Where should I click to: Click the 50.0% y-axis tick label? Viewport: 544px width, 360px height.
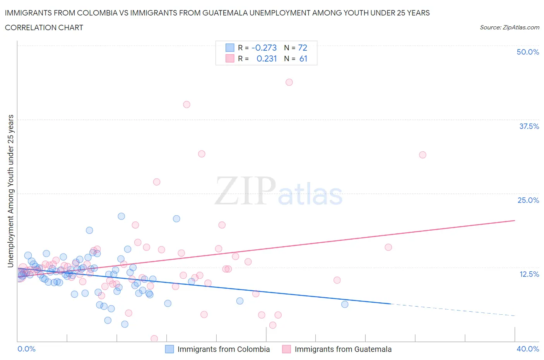(528, 52)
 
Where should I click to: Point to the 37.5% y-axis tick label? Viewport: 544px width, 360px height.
(529, 126)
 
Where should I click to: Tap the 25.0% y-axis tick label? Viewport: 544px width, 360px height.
(528, 200)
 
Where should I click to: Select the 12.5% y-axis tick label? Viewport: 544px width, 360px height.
(529, 274)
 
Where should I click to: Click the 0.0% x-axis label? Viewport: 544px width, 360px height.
(26, 349)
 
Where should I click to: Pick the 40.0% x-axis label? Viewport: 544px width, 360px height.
(528, 349)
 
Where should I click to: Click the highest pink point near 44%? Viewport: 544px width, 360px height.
(289, 82)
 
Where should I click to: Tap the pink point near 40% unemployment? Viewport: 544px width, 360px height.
(186, 105)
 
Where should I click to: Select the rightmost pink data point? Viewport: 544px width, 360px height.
(423, 155)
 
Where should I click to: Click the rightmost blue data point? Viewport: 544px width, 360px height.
(345, 304)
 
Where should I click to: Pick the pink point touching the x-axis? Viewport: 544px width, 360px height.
(154, 339)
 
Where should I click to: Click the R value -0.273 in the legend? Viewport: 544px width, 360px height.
(264, 48)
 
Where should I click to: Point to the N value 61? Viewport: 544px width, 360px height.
(303, 58)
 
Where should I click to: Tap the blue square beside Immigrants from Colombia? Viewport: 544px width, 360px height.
(169, 349)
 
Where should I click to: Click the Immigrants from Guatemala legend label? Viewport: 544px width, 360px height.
(343, 349)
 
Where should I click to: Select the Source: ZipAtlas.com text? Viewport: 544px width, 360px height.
(509, 27)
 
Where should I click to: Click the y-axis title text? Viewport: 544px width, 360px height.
(10, 191)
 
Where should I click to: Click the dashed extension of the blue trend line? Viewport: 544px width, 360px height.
(453, 310)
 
